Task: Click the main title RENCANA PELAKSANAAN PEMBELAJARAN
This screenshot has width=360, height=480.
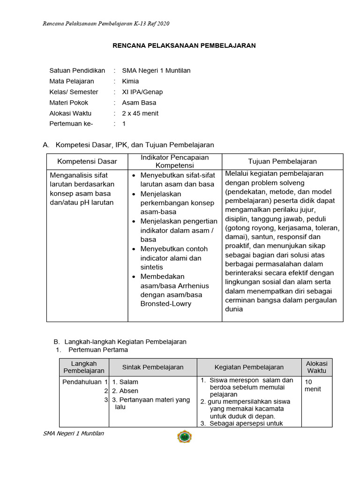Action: (x=184, y=45)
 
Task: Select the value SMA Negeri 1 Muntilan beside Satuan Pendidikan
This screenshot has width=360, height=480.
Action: (x=156, y=71)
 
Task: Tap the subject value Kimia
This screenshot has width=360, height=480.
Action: (x=130, y=81)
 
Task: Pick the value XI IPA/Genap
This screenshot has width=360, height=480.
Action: (x=142, y=92)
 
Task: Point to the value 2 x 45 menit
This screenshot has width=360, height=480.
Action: (x=140, y=113)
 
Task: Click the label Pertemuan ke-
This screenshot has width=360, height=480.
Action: (x=71, y=124)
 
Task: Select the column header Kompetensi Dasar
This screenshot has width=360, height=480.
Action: (x=87, y=162)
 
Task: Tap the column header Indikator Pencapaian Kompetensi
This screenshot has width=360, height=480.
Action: (x=175, y=161)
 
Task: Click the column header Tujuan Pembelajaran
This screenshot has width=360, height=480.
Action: (x=282, y=162)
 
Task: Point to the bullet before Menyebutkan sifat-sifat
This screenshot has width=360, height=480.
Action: (x=134, y=176)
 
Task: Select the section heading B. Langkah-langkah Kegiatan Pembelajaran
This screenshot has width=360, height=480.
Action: (x=120, y=342)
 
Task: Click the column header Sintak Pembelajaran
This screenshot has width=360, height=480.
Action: (x=153, y=367)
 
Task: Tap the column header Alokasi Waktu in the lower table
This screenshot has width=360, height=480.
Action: (x=316, y=367)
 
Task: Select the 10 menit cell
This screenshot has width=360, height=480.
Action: (x=314, y=385)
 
